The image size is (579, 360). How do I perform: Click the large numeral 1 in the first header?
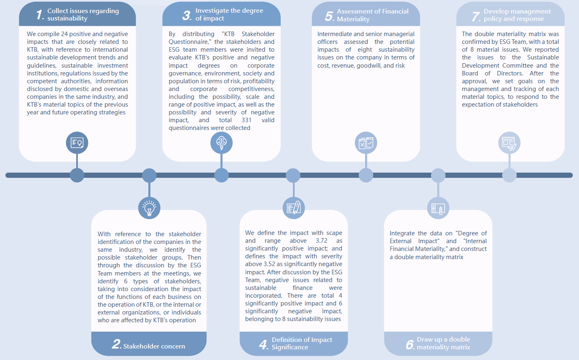(x=40, y=15)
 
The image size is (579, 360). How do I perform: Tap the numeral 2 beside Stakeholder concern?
(x=116, y=344)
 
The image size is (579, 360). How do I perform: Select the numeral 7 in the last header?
(x=476, y=16)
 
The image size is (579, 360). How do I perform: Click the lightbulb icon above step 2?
(x=149, y=208)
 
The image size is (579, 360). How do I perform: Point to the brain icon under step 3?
(x=222, y=143)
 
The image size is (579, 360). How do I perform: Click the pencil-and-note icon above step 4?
(x=294, y=208)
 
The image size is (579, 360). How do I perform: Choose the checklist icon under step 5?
(x=366, y=143)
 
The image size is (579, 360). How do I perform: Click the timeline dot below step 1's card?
(x=77, y=175)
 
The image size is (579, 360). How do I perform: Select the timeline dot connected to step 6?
(x=438, y=175)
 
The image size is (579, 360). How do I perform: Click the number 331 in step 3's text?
(x=246, y=120)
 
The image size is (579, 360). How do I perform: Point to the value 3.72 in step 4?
(x=321, y=241)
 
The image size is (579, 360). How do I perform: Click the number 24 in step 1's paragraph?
(x=64, y=34)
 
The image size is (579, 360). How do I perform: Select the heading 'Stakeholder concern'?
(x=154, y=346)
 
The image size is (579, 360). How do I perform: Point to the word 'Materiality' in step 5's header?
(x=353, y=19)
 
